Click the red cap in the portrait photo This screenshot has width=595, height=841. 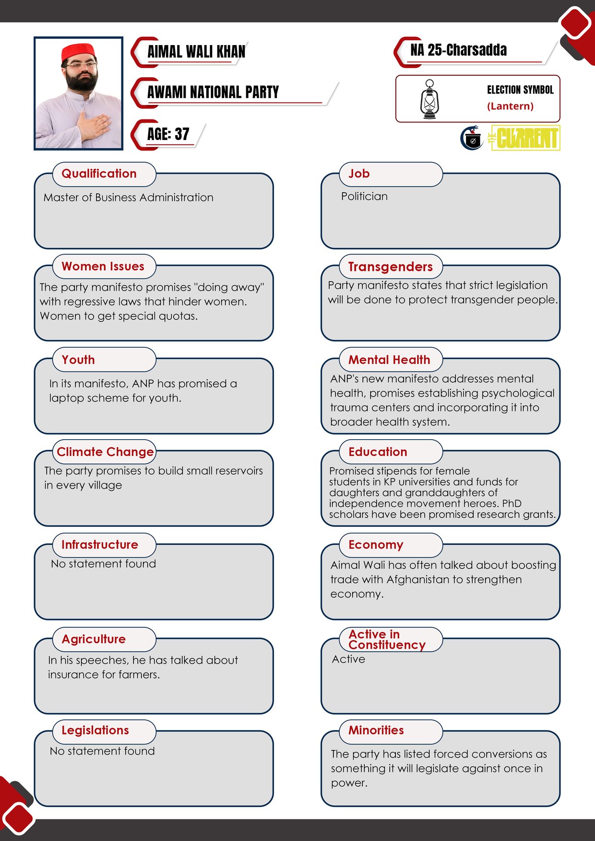click(x=78, y=52)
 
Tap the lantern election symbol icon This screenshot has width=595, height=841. click(x=429, y=99)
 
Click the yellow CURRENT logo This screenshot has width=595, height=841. click(x=525, y=138)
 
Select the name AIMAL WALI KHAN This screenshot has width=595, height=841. click(x=196, y=52)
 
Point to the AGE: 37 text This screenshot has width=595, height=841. click(x=168, y=134)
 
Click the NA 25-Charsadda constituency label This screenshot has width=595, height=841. click(x=458, y=50)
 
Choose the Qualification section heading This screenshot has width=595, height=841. click(x=99, y=174)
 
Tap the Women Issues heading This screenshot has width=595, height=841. click(x=103, y=267)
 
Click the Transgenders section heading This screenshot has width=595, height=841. click(x=390, y=267)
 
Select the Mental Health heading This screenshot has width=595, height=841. click(x=389, y=360)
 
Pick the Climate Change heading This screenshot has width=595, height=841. click(x=105, y=452)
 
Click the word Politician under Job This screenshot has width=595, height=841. click(x=364, y=196)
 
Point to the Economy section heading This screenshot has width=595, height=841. click(x=376, y=545)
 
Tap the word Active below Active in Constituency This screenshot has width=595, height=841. click(x=348, y=659)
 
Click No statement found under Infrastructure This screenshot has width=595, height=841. click(x=104, y=564)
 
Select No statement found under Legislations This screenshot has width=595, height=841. click(x=102, y=751)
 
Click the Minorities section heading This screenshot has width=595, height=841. click(x=376, y=730)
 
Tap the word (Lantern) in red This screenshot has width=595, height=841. click(x=510, y=106)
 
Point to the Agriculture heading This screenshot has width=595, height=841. click(x=94, y=639)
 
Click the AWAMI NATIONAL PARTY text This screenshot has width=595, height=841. click(x=213, y=92)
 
